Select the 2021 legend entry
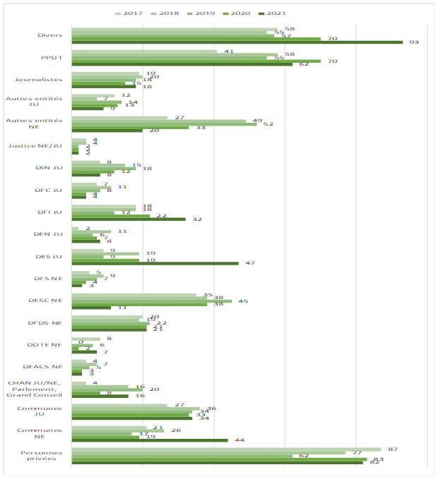[295, 13]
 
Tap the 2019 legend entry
[213, 13]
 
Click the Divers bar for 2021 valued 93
[237, 42]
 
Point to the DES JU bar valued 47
[155, 262]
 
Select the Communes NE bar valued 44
[150, 440]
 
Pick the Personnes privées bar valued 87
[226, 449]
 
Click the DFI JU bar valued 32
[129, 219]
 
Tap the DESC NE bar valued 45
[151, 301]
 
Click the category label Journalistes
[43, 80]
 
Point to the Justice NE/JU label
[35, 146]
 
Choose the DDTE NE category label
[47, 344]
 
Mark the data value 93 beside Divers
[414, 42]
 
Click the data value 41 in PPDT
[228, 52]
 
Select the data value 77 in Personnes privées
[357, 453]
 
